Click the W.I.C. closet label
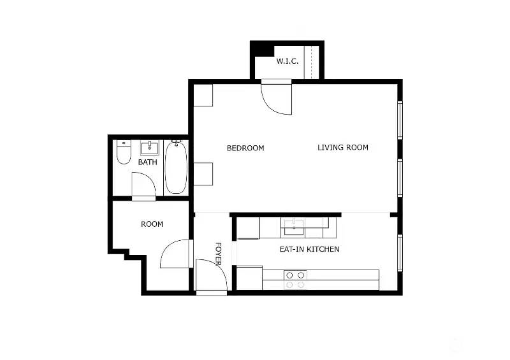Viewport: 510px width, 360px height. (288, 61)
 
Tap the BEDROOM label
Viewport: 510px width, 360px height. (245, 148)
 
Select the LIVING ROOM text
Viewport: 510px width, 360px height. (343, 147)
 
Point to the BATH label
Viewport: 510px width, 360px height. (148, 162)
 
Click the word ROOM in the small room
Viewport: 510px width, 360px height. (152, 224)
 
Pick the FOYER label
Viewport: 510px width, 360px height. (217, 254)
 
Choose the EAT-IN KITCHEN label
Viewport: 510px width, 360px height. (309, 249)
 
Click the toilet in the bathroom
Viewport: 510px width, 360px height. (124, 153)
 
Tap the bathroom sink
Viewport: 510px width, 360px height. (149, 148)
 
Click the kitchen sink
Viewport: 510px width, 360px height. (294, 224)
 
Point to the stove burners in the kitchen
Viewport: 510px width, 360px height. (295, 280)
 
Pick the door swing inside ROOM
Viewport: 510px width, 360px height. (174, 255)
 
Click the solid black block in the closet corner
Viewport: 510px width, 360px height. (261, 49)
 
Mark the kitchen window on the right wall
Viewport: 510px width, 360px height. (400, 253)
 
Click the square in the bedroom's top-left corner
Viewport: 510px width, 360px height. (203, 94)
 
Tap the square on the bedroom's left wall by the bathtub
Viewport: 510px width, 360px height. (203, 173)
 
